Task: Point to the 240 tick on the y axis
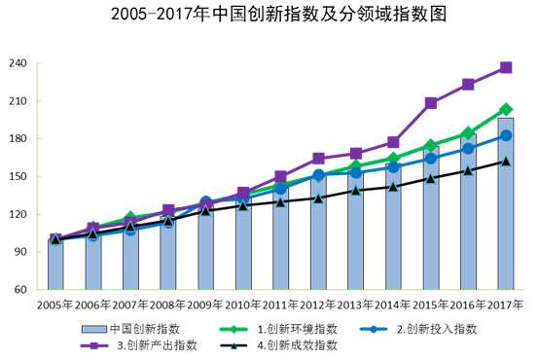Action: [x=18, y=64]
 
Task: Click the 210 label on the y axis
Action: [x=18, y=101]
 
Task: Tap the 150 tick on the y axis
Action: [x=18, y=177]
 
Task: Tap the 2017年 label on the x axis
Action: [x=505, y=305]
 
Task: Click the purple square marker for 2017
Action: [x=506, y=67]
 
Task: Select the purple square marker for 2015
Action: [x=431, y=103]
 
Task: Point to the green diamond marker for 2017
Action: [x=506, y=110]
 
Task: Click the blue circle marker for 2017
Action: [x=506, y=135]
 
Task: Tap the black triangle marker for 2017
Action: [x=506, y=162]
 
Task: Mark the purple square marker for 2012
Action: [x=318, y=158]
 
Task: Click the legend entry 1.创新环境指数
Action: [x=271, y=328]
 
